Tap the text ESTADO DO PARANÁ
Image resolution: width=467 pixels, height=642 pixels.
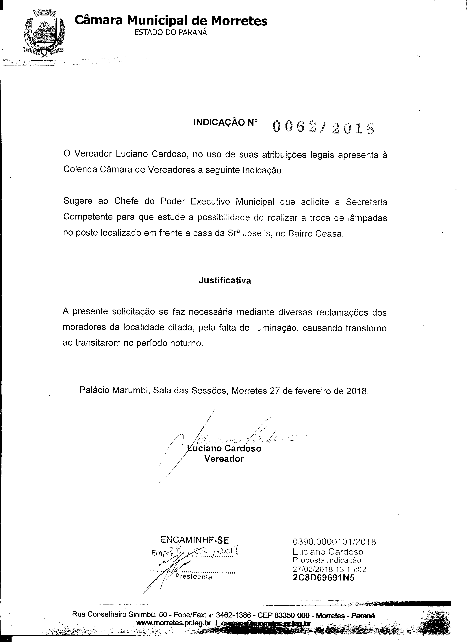(x=171, y=33)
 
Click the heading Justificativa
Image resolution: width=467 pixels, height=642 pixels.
(x=224, y=280)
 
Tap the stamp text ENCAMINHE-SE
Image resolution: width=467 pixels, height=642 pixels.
(x=194, y=540)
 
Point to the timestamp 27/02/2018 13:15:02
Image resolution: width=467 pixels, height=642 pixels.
(x=329, y=569)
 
